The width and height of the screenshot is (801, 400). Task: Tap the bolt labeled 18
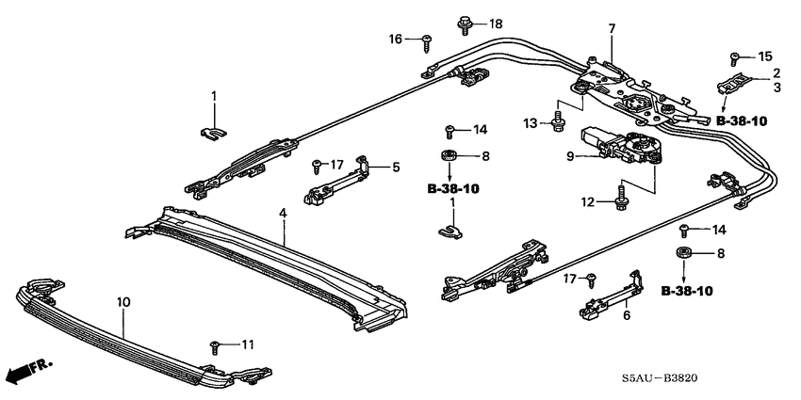(x=466, y=22)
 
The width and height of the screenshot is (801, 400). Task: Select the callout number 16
(x=397, y=39)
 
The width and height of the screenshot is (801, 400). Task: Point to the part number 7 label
(x=612, y=29)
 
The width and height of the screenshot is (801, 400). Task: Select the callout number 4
(x=282, y=216)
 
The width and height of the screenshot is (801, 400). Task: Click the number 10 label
(x=124, y=302)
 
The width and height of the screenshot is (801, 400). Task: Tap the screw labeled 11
(x=218, y=345)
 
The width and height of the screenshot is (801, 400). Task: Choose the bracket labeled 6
(x=608, y=296)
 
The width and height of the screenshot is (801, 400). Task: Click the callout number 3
(x=776, y=88)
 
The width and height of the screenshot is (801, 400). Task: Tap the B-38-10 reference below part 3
(x=742, y=121)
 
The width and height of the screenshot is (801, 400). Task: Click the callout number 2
(x=776, y=72)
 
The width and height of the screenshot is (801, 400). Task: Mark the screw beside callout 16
(x=427, y=39)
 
